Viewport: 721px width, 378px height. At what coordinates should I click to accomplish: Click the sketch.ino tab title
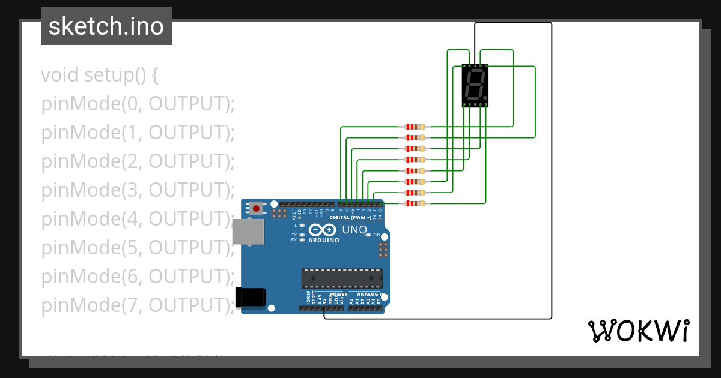pyautogui.click(x=106, y=26)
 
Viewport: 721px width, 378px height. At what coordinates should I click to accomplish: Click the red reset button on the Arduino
pyautogui.click(x=257, y=208)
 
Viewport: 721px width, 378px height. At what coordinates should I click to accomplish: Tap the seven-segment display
pyautogui.click(x=475, y=85)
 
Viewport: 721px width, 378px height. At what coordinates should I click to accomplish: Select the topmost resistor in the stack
pyautogui.click(x=415, y=127)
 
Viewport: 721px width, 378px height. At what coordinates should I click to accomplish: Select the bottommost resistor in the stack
pyautogui.click(x=415, y=203)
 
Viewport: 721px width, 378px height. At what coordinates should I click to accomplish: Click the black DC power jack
pyautogui.click(x=250, y=297)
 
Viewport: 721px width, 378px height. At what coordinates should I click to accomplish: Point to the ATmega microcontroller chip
pyautogui.click(x=342, y=278)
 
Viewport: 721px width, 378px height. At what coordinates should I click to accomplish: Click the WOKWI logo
pyautogui.click(x=638, y=331)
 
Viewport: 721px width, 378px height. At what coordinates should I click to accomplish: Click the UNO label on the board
pyautogui.click(x=354, y=230)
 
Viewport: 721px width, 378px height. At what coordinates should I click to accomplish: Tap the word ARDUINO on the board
pyautogui.click(x=323, y=240)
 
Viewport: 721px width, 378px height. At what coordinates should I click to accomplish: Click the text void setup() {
pyautogui.click(x=100, y=76)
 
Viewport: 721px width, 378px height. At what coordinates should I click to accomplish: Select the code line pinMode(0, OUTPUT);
pyautogui.click(x=138, y=104)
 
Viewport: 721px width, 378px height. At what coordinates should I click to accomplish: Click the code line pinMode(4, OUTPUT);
pyautogui.click(x=138, y=219)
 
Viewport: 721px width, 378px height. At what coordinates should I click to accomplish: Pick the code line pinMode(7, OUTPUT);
pyautogui.click(x=138, y=305)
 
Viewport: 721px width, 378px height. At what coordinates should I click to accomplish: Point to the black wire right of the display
pyautogui.click(x=551, y=180)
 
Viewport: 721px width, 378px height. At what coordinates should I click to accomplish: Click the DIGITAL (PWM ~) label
pyautogui.click(x=354, y=217)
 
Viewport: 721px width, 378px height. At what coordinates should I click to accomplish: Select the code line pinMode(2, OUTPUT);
pyautogui.click(x=138, y=161)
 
